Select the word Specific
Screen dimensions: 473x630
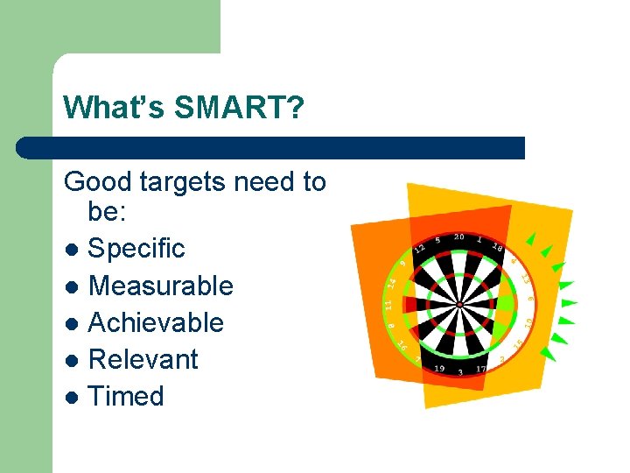coord(136,249)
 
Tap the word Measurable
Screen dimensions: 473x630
coord(161,286)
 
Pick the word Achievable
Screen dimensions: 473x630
coord(156,322)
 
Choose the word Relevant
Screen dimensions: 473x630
coord(143,359)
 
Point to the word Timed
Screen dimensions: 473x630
coord(126,396)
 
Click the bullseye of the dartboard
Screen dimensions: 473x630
coord(458,305)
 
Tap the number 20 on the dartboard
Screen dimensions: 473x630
coord(458,237)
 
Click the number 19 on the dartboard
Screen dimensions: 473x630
coord(438,369)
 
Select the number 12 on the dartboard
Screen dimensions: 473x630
coord(420,248)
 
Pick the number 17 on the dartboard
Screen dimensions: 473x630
coord(481,369)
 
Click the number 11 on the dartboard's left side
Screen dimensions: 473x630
coord(388,304)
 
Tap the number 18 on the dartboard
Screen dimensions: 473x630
coord(498,247)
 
